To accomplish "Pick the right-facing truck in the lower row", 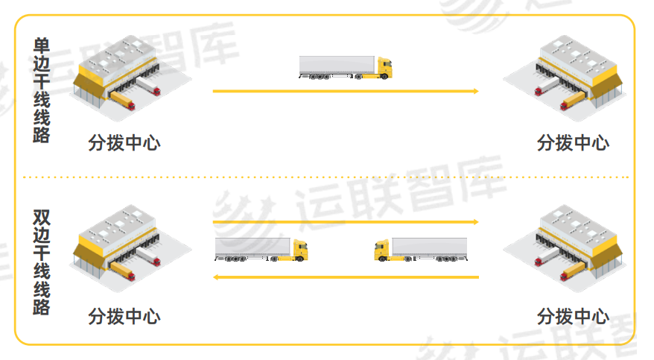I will pyautogui.click(x=261, y=249).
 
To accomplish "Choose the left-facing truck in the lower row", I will pyautogui.click(x=421, y=249).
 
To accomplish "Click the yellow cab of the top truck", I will pyautogui.click(x=384, y=69).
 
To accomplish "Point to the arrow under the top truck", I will pyautogui.click(x=344, y=91).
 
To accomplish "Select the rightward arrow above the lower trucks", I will pyautogui.click(x=344, y=221).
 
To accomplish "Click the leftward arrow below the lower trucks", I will pyautogui.click(x=344, y=277).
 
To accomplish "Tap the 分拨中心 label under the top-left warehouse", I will pyautogui.click(x=124, y=143).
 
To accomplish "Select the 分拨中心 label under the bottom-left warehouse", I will pyautogui.click(x=124, y=316).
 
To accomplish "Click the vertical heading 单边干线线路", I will pyautogui.click(x=42, y=91).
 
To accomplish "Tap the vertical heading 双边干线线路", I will pyautogui.click(x=42, y=262).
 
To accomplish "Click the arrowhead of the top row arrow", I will pyautogui.click(x=474, y=91).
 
